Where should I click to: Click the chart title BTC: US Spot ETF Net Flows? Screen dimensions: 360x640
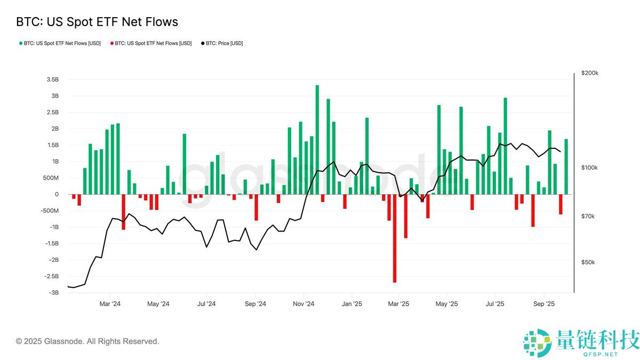pos(97,22)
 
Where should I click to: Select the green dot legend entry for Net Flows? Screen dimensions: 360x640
pos(60,43)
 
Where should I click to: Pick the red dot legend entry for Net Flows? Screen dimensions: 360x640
pos(150,43)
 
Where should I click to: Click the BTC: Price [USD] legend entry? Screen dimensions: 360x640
pos(222,43)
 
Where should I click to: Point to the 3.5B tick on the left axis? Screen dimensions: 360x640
pos(52,79)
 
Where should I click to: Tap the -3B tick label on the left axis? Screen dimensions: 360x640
pos(53,293)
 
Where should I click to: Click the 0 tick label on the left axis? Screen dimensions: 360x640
pos(57,194)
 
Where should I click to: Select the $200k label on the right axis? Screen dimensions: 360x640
pos(590,73)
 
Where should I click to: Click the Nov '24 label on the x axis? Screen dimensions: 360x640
pos(303,304)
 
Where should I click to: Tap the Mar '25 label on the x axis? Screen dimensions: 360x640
pos(398,304)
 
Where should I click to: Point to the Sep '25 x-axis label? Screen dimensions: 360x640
pos(543,304)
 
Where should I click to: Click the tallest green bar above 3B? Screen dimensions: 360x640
pos(317,139)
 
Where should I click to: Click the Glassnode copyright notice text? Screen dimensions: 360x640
pos(87,341)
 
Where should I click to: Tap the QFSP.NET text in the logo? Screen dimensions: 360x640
pos(599,354)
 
